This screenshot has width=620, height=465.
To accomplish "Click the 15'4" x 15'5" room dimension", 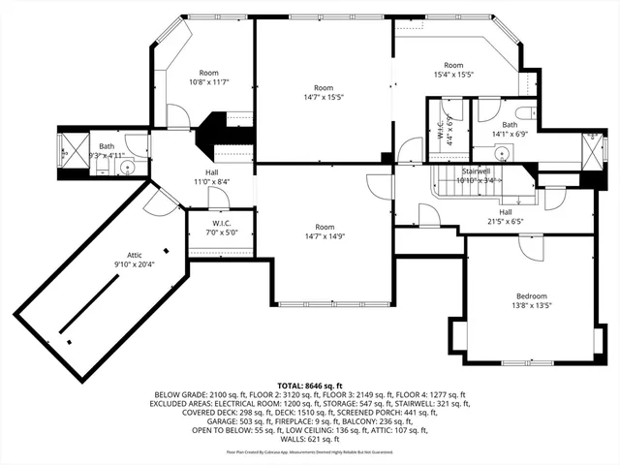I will coord(453,74).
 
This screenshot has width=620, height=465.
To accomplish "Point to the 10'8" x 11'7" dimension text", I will coord(209,82).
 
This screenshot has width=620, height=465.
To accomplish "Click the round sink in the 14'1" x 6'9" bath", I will coord(502,152).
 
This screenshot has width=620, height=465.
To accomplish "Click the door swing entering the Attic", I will coord(155,201).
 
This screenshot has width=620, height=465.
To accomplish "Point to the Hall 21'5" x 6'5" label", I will coord(505,216).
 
